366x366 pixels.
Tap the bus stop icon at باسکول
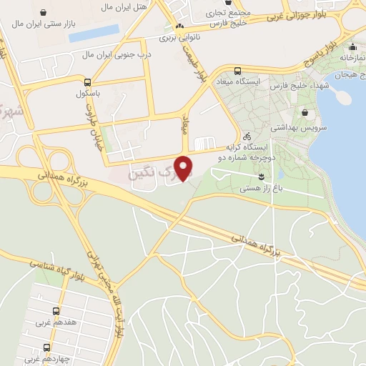(x=87, y=82)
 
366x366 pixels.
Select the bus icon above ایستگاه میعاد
(x=238, y=71)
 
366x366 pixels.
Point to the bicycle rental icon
(x=247, y=136)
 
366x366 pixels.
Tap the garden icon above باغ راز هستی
(x=261, y=176)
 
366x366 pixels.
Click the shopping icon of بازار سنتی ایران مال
(x=46, y=13)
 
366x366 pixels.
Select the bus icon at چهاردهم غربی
(x=47, y=347)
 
